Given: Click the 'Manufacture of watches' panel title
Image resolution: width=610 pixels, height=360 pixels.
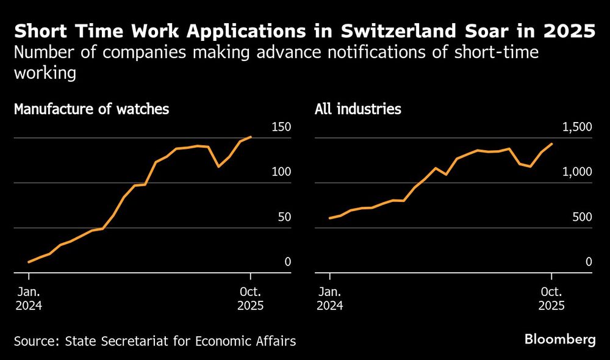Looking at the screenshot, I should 91,110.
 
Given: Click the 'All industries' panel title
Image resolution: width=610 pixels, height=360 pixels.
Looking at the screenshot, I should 358,110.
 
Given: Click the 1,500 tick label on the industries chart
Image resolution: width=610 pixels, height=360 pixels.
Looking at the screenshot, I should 576,127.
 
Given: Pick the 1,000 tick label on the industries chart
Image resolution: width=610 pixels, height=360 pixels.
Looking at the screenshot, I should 576,172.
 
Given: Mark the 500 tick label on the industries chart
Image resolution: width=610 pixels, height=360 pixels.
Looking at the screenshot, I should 581,217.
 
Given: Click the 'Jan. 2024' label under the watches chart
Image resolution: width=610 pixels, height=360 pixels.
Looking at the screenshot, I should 29,298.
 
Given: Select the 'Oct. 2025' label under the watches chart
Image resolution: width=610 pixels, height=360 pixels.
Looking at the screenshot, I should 251,298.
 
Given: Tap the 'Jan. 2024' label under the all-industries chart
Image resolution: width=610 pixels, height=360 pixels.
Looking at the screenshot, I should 329,298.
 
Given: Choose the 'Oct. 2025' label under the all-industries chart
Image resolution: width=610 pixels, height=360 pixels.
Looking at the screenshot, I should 551,298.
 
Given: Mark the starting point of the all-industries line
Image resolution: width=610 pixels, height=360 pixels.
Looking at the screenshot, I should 329,218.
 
